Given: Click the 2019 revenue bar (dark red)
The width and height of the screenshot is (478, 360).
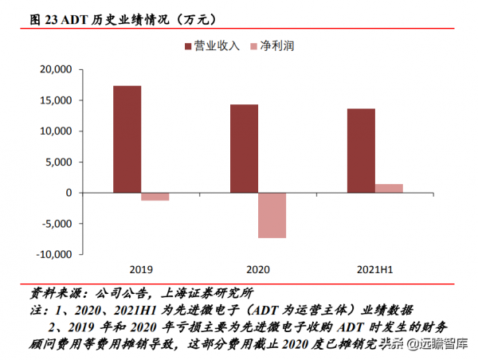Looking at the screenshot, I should point(127,139).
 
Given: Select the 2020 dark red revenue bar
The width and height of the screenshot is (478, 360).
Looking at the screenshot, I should point(244,148).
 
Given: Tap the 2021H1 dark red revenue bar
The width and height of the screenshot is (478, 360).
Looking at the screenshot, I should point(361,151).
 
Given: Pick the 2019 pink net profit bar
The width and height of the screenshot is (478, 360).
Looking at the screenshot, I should point(155,196).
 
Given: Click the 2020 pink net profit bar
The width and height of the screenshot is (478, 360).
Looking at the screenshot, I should point(272,215).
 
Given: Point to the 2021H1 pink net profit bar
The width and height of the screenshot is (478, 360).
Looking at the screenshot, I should point(390,188).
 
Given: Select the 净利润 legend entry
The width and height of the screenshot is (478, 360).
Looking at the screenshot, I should point(276,47).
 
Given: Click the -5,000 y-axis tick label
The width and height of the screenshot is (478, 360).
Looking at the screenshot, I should point(56,224).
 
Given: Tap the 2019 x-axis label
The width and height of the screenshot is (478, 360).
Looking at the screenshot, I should point(141,269).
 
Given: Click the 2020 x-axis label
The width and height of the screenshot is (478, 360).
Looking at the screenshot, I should point(258,269).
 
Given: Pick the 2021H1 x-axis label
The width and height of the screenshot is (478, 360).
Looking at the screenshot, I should point(375,269).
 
